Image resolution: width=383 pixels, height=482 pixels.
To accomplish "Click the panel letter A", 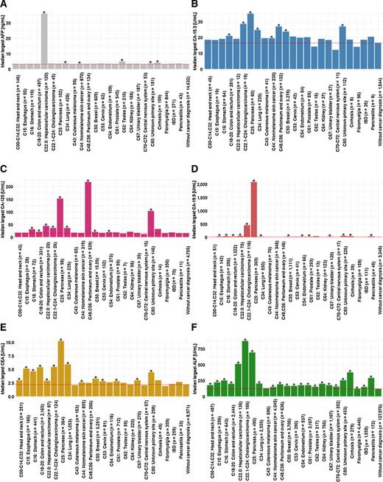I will (x=5, y=4).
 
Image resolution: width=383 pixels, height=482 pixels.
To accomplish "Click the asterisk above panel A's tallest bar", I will (x=45, y=13).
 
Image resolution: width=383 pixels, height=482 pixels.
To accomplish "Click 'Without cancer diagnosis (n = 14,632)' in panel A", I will (x=180, y=111).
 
